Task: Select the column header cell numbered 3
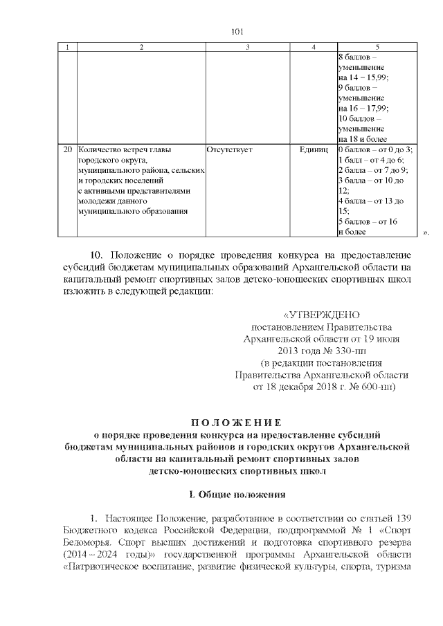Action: [247, 47]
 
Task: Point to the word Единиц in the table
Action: [313, 149]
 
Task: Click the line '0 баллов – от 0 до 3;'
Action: [374, 149]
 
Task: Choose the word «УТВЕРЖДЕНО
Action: [320, 315]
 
